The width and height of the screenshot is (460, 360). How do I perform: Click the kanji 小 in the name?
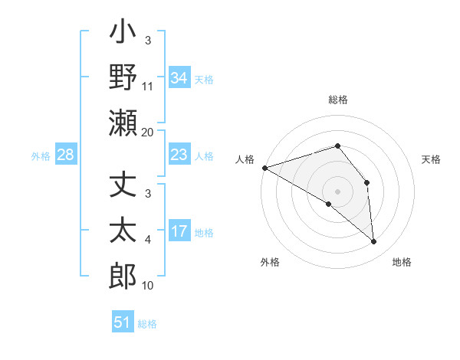pyautogui.click(x=123, y=35)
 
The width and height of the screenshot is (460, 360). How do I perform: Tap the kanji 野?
pyautogui.click(x=123, y=77)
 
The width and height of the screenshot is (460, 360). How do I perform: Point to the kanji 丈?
pyautogui.click(x=123, y=188)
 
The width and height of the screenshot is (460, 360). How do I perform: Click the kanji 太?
pyautogui.click(x=123, y=231)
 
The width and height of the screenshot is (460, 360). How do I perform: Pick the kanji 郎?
pyautogui.click(x=123, y=275)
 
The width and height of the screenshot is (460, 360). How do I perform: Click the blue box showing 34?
pyautogui.click(x=179, y=77)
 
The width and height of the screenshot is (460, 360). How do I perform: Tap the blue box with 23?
pyautogui.click(x=179, y=155)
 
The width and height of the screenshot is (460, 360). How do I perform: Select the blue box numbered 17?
pyautogui.click(x=179, y=231)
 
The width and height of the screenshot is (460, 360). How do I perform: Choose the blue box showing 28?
pyautogui.click(x=65, y=155)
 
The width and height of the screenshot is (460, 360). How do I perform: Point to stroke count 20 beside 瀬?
pyautogui.click(x=148, y=133)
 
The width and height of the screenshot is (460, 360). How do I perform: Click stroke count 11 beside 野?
pyautogui.click(x=148, y=87)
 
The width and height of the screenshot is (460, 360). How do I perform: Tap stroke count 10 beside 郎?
pyautogui.click(x=148, y=286)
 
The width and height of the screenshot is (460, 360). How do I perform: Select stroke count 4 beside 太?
pyautogui.click(x=148, y=241)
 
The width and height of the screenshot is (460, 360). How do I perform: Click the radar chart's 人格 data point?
pyautogui.click(x=264, y=167)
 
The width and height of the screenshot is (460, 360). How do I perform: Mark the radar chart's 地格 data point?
pyautogui.click(x=373, y=242)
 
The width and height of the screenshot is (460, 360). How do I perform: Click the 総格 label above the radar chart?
pyautogui.click(x=337, y=100)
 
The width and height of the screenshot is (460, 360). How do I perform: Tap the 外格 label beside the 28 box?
pyautogui.click(x=41, y=156)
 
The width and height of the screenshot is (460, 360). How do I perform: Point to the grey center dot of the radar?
pyautogui.click(x=337, y=191)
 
